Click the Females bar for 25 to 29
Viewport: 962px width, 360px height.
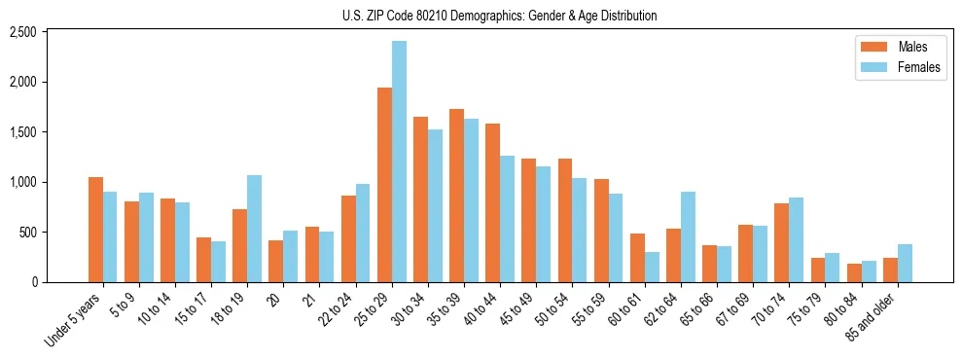click(399, 162)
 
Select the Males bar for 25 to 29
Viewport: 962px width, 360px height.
click(384, 185)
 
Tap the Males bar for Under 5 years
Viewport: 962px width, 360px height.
click(95, 230)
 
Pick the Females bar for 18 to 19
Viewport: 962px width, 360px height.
click(254, 229)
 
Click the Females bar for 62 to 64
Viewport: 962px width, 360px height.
click(688, 237)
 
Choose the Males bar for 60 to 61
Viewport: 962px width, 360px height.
click(637, 258)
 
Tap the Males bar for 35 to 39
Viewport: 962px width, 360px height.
click(456, 196)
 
